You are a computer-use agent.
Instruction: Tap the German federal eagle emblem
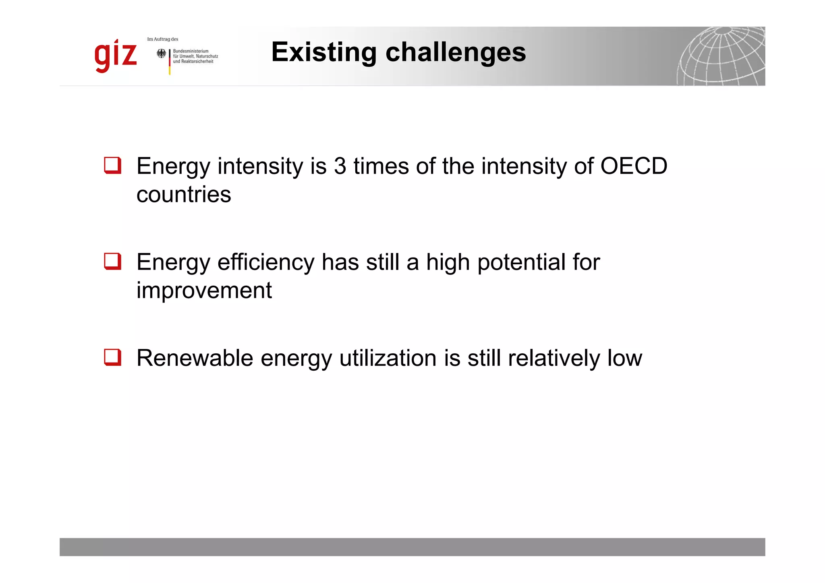coord(161,54)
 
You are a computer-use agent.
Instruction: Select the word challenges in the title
coord(456,52)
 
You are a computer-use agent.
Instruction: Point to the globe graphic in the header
coord(721,56)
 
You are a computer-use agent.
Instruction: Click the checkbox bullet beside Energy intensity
coord(113,166)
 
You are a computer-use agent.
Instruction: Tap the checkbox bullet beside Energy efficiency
coord(113,261)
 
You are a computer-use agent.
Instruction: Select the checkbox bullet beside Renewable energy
coord(113,357)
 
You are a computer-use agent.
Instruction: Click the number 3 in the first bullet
coord(340,166)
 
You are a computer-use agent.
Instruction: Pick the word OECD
coord(634,166)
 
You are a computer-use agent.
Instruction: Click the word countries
coord(184,195)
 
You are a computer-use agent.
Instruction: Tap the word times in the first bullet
coord(381,166)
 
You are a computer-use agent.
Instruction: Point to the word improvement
coord(204,290)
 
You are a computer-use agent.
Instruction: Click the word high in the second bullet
coord(448,262)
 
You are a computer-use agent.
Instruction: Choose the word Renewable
coord(195,358)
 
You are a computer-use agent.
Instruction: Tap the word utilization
coord(388,358)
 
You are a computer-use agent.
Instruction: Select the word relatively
coord(554,358)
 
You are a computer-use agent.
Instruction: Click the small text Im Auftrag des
coord(163,39)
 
